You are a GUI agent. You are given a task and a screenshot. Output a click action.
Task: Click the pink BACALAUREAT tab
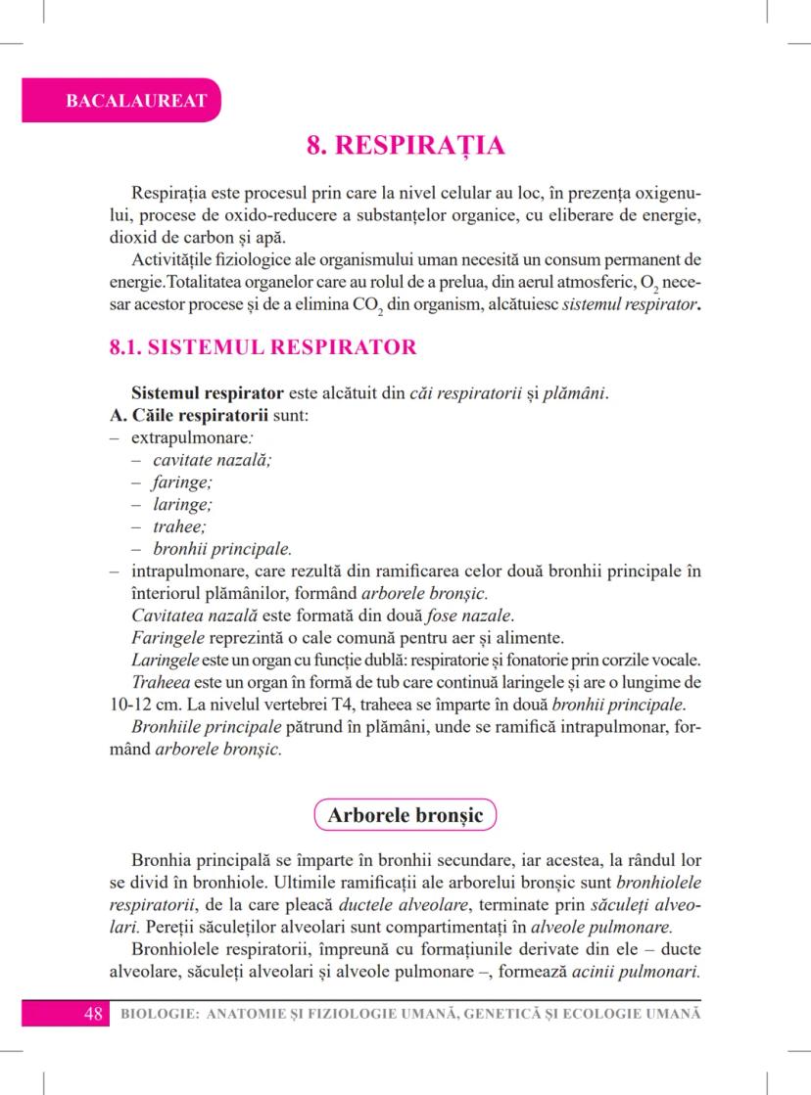point(121,101)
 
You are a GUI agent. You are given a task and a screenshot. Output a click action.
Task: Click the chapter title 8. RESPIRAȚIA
point(405,147)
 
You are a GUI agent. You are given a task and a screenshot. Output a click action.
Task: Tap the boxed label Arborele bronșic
point(405,814)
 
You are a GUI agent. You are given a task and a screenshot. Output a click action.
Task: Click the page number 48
point(94,1013)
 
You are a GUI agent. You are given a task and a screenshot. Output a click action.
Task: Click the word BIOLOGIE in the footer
point(156,1014)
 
